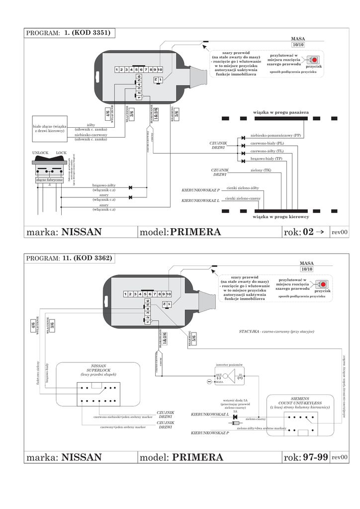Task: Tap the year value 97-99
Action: click(315, 457)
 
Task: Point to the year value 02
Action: click(308, 232)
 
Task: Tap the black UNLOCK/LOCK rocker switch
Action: click(49, 160)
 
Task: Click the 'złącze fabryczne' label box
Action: click(49, 180)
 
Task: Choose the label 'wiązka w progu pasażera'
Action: click(281, 113)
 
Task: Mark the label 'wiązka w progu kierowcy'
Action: click(281, 217)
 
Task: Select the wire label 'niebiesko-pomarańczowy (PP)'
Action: click(275, 135)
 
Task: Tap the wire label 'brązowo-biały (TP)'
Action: click(267, 159)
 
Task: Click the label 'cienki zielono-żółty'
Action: click(243, 188)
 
